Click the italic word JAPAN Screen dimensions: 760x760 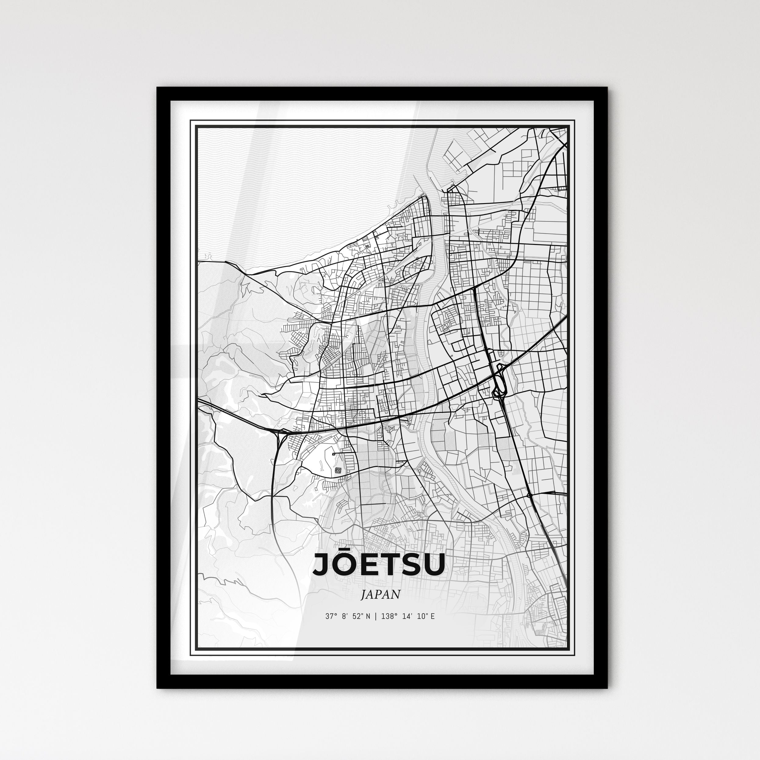(380, 594)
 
